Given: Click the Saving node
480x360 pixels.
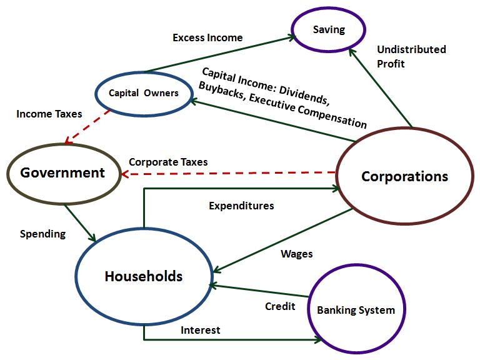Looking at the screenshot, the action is click(329, 30).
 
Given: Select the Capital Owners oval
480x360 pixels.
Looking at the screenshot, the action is click(143, 93).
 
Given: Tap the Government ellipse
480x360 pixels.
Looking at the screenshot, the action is click(62, 172).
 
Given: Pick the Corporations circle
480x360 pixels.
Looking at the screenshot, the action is click(404, 176).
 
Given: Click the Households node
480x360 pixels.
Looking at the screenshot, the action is click(143, 276).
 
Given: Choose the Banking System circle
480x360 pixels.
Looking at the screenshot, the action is click(356, 310).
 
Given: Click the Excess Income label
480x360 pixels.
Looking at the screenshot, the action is click(207, 37).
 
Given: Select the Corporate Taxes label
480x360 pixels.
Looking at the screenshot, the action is click(168, 162).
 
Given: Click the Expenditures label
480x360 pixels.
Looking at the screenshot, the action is click(241, 205).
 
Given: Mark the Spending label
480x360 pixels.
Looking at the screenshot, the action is click(42, 234).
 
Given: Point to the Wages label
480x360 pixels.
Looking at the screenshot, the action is click(296, 254).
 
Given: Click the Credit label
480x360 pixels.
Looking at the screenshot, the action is click(280, 306).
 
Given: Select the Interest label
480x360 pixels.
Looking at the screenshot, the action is click(200, 329).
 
